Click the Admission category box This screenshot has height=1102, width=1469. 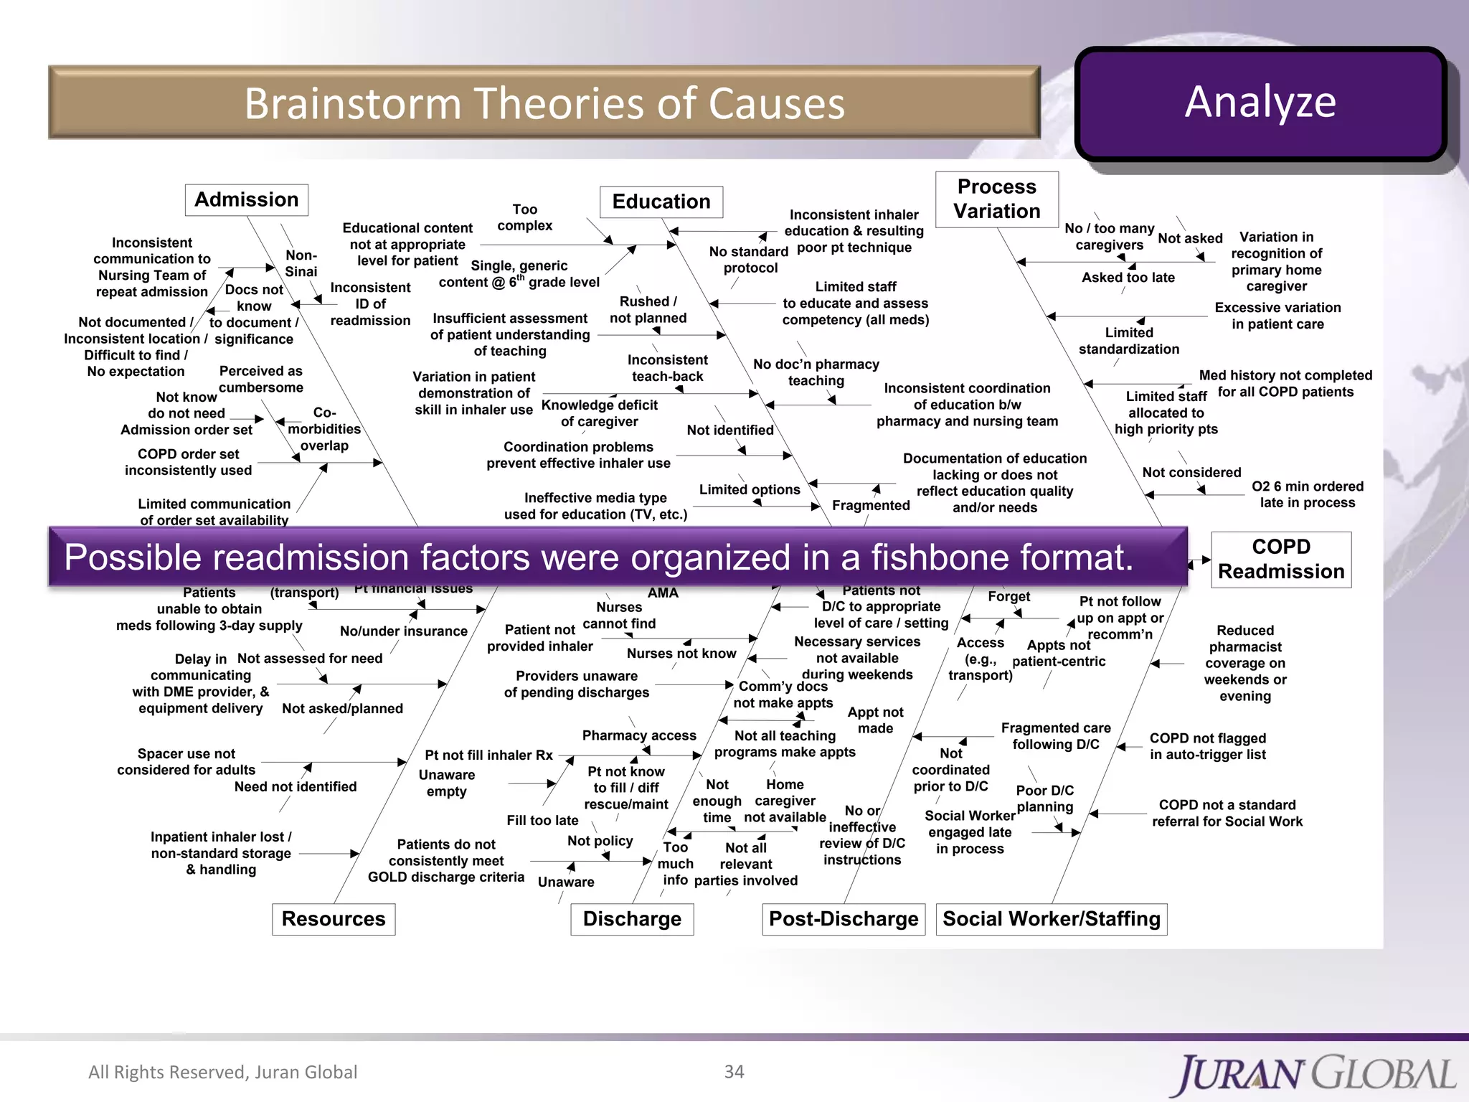pyautogui.click(x=247, y=199)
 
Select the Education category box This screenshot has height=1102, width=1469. pyautogui.click(x=661, y=202)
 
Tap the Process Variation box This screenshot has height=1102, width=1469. pyautogui.click(x=996, y=199)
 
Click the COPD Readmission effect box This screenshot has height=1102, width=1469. pyautogui.click(x=1280, y=559)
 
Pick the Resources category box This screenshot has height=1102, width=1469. pyautogui.click(x=333, y=918)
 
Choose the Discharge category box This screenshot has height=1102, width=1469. pyautogui.click(x=632, y=918)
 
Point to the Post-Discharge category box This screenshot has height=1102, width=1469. pyautogui.click(x=843, y=918)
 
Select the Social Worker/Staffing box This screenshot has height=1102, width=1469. pyautogui.click(x=1051, y=918)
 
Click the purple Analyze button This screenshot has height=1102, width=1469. pyautogui.click(x=1260, y=103)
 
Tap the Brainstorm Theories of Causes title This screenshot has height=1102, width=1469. pyautogui.click(x=544, y=103)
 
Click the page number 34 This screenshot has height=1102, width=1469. pyautogui.click(x=734, y=1071)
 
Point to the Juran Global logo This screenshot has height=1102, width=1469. pyautogui.click(x=1316, y=1074)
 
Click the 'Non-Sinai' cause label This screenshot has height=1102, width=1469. pyautogui.click(x=301, y=263)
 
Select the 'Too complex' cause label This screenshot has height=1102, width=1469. pyautogui.click(x=524, y=217)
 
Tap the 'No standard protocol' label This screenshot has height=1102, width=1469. pyautogui.click(x=749, y=259)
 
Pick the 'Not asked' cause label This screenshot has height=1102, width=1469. pyautogui.click(x=1189, y=238)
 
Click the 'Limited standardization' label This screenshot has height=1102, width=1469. pyautogui.click(x=1128, y=340)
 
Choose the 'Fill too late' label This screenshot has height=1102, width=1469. pyautogui.click(x=542, y=820)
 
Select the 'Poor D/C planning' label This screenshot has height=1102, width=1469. pyautogui.click(x=1044, y=798)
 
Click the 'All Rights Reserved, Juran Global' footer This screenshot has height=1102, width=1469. pyautogui.click(x=222, y=1071)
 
